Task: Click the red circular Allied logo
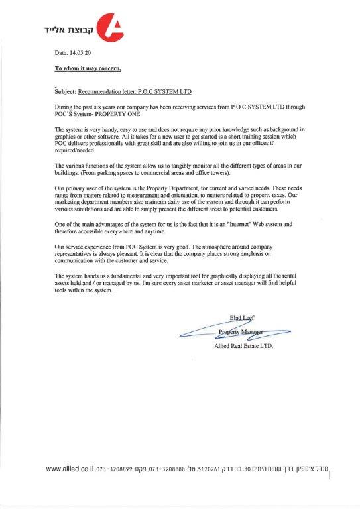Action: pos(111,26)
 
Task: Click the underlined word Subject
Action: pos(66,89)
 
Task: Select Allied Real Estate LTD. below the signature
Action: pos(243,346)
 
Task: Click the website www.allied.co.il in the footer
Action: pos(72,469)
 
